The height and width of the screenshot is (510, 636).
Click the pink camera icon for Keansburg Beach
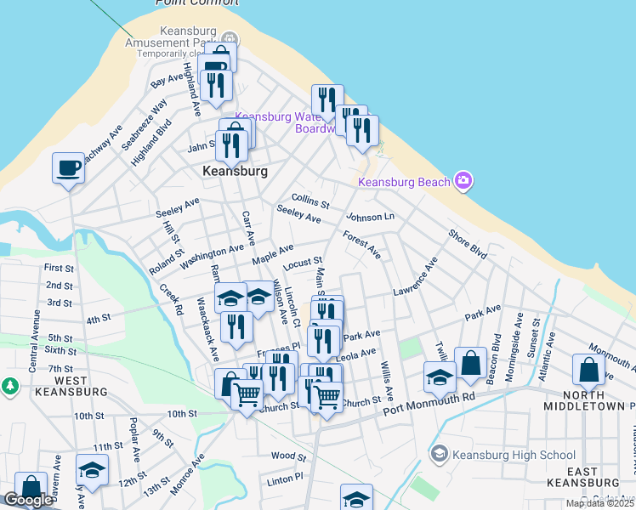tap(463, 180)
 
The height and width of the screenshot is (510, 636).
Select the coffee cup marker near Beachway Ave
tap(68, 168)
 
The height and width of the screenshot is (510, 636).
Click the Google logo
tap(27, 500)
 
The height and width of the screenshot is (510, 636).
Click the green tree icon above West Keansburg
tap(9, 386)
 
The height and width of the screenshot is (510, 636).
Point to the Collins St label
tap(310, 201)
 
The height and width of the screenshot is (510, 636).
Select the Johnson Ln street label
tap(371, 217)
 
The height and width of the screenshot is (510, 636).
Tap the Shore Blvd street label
tap(468, 243)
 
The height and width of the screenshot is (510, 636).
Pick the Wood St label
tap(288, 456)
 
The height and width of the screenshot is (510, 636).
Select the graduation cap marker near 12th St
tap(92, 470)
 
